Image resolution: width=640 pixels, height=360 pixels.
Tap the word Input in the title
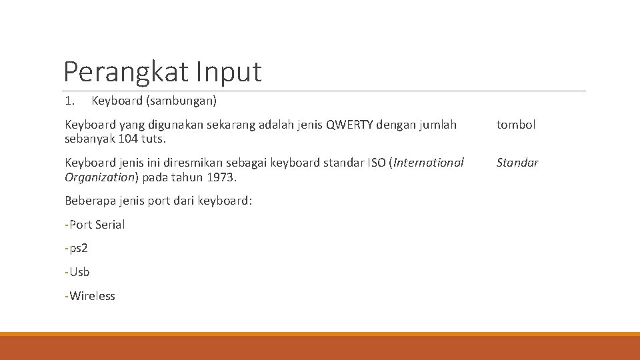(229, 71)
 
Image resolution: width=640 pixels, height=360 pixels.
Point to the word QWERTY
(351, 124)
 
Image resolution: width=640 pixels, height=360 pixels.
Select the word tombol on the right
(515, 124)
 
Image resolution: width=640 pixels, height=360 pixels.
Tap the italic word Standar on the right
(517, 163)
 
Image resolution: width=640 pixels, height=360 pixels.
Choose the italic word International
(429, 163)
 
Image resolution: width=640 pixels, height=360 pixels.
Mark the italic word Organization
(99, 177)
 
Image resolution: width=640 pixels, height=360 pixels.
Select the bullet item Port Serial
(97, 225)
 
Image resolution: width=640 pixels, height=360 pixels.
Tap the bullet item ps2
(79, 249)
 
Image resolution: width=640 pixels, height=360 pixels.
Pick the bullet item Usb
(79, 272)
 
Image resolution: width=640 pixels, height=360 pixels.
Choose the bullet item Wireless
(92, 296)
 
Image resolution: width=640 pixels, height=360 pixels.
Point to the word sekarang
(235, 124)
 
